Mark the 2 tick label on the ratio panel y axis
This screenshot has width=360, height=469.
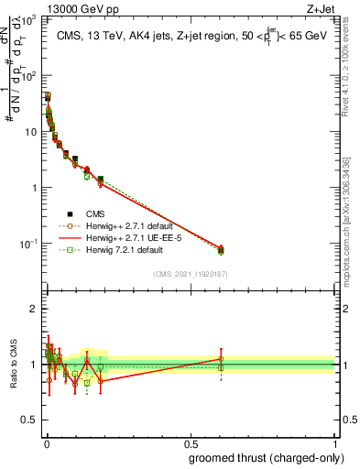[x=34, y=309]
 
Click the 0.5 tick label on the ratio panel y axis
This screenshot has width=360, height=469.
[x=30, y=420]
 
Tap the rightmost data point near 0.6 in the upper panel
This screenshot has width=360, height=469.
[x=220, y=249]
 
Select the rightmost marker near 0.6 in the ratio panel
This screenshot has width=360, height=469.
[x=221, y=359]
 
